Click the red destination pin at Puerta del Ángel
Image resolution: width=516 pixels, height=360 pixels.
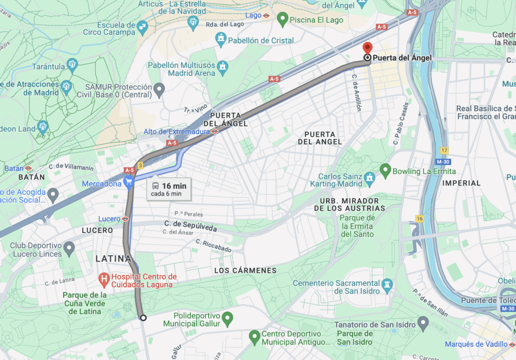point(368,48)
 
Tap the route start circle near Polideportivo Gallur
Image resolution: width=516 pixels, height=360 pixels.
point(143,318)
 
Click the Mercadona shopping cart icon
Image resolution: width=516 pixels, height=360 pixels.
point(130,183)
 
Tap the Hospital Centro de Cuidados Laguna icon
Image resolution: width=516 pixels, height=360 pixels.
point(104,277)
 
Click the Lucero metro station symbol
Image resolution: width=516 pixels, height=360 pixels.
point(125,219)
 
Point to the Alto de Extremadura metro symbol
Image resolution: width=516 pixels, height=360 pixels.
point(215,131)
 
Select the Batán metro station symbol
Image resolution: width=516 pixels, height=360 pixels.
point(29,168)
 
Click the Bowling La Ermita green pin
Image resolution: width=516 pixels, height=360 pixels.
point(385,171)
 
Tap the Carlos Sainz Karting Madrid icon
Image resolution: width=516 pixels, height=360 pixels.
point(370,177)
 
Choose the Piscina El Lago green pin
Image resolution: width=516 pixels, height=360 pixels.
point(282,20)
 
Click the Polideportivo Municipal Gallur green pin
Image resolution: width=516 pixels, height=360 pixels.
point(228,318)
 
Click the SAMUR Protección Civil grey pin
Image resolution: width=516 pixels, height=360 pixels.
point(159,90)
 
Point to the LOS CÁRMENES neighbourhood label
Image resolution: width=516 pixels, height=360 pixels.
point(245,270)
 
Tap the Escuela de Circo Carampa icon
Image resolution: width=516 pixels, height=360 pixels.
point(143,26)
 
